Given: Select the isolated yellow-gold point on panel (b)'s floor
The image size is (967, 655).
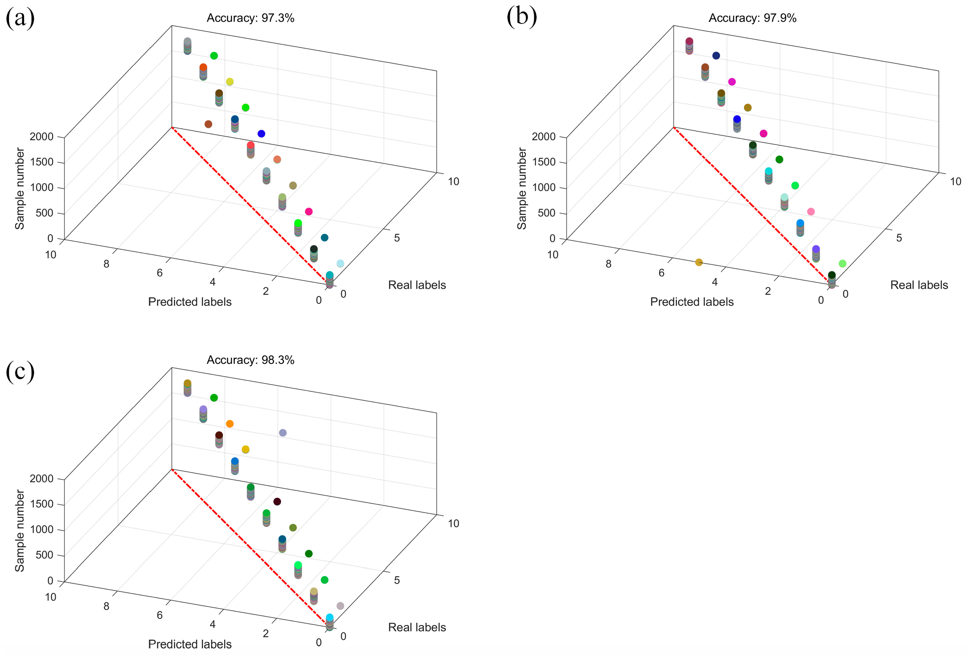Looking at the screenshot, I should [x=699, y=262].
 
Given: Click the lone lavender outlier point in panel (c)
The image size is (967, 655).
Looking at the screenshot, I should [x=282, y=433].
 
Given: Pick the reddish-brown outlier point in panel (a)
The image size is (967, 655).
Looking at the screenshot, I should [x=209, y=124].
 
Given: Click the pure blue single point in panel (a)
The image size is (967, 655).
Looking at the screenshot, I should [x=261, y=133].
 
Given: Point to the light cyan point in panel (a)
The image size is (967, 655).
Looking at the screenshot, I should [x=340, y=263].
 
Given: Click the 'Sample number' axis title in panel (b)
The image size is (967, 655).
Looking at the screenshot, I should [x=522, y=188].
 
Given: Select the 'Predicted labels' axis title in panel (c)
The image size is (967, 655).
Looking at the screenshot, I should [x=190, y=644].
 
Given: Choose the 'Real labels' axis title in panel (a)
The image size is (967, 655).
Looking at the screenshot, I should [x=416, y=285].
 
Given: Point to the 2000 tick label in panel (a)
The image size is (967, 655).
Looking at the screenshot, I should [x=42, y=137].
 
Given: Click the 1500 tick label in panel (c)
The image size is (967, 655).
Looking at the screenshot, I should [x=42, y=504].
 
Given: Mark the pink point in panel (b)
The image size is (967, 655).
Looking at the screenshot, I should [x=811, y=212].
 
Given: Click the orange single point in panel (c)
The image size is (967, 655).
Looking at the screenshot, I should [x=230, y=424].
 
